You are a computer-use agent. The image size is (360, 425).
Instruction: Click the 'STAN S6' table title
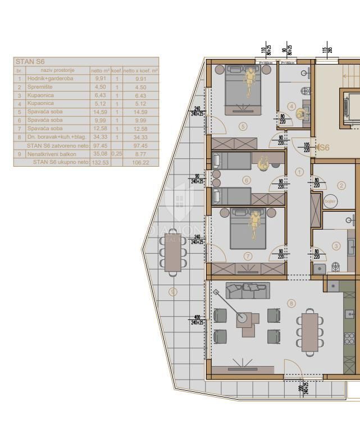(x=30, y=62)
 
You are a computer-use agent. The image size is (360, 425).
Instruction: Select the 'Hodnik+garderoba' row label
(x=49, y=79)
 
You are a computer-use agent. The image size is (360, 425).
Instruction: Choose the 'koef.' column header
(x=116, y=71)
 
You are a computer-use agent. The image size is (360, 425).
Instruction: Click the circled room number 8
(x=290, y=304)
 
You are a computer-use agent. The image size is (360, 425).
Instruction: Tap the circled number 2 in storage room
(x=341, y=185)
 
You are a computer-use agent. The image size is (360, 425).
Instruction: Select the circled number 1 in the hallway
(x=299, y=172)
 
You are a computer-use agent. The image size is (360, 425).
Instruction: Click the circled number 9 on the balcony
(x=173, y=291)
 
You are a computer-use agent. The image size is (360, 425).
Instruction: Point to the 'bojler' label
(x=330, y=201)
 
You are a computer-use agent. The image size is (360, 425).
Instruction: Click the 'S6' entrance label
(x=324, y=148)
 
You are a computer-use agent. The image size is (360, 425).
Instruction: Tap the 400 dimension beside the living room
(x=197, y=318)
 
